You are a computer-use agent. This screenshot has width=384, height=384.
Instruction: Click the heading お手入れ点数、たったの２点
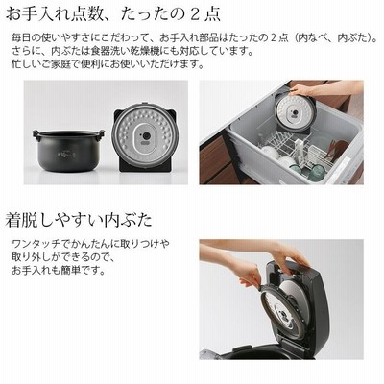112,13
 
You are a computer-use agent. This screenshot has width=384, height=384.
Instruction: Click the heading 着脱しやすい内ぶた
79,220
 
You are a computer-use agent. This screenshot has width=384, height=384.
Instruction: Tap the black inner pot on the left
68,151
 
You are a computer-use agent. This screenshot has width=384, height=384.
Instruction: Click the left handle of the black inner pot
36,134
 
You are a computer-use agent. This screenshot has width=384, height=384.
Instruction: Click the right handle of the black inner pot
101,133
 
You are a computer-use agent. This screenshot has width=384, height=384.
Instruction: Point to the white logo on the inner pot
68,157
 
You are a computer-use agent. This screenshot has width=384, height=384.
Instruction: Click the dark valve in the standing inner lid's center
146,135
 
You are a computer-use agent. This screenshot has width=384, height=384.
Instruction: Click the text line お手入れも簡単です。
59,271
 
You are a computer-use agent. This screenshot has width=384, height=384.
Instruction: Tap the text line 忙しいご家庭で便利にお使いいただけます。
108,64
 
